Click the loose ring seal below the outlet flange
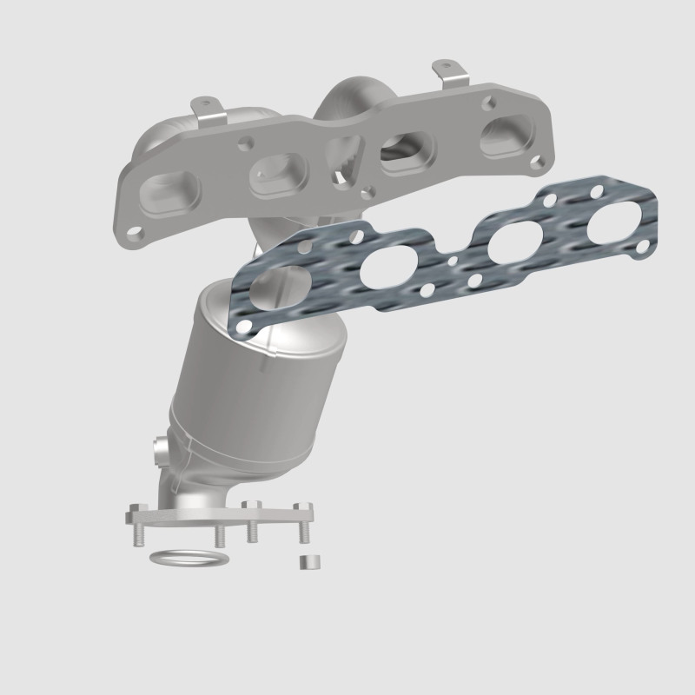(x=184, y=557)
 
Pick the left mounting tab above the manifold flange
(x=209, y=111)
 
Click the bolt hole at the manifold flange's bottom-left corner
(x=136, y=234)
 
